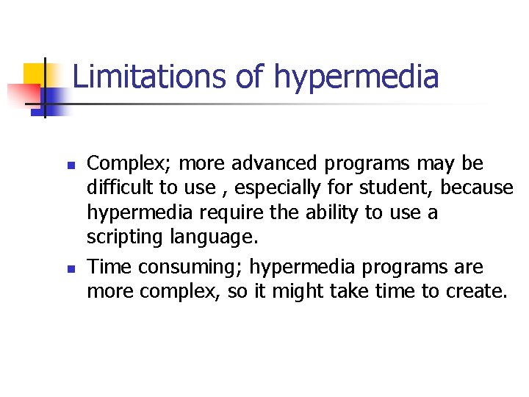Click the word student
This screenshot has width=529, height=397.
click(397, 188)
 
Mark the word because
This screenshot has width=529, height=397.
click(477, 188)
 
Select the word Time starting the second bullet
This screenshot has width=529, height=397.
click(107, 265)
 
